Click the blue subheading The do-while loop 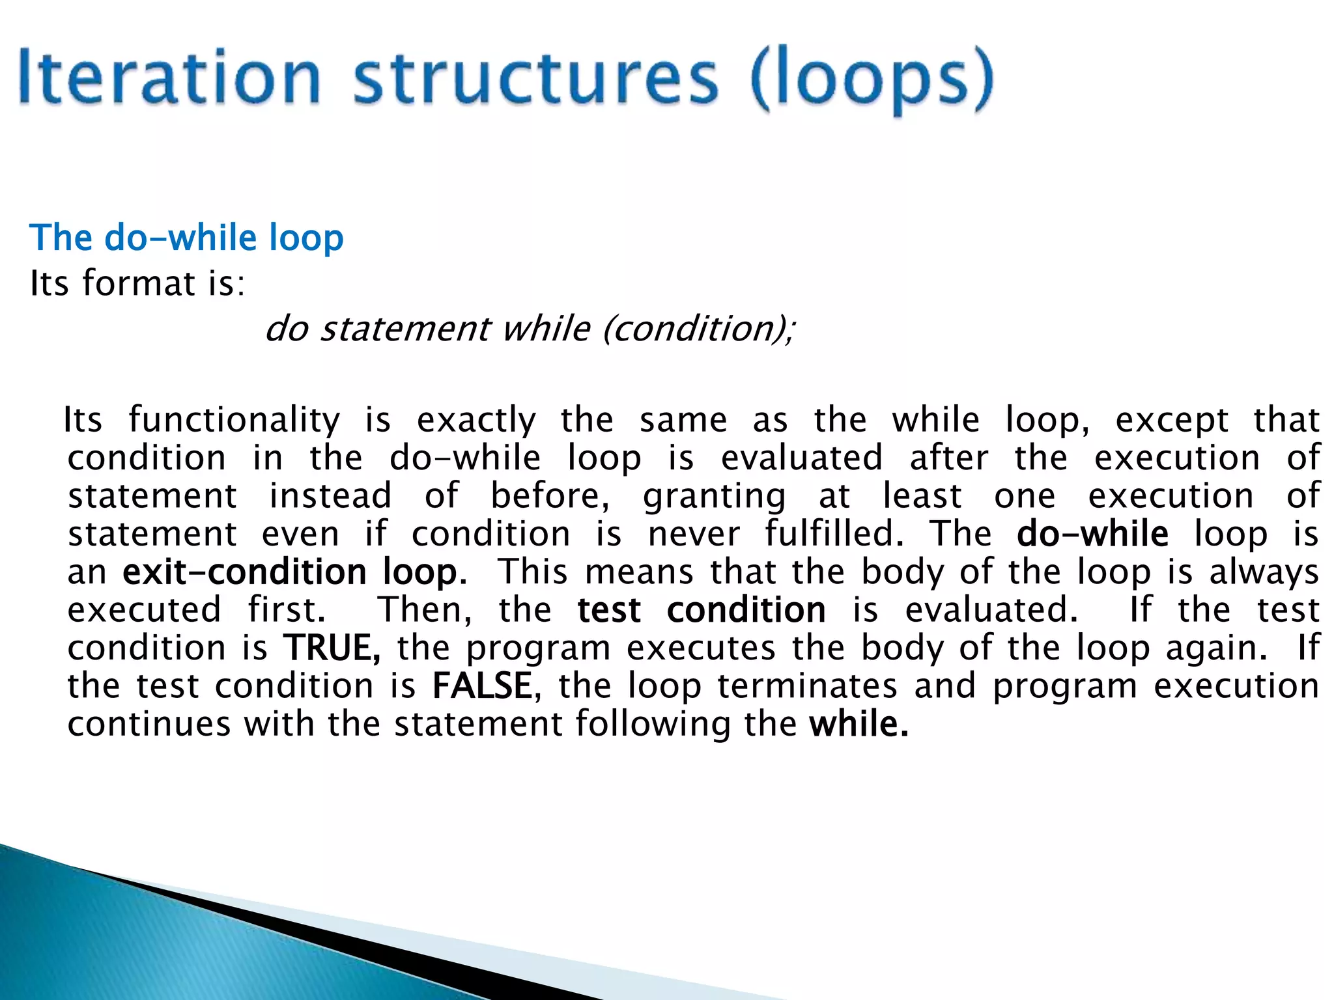pos(186,238)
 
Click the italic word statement pos(404,329)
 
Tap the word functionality pos(234,421)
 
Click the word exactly pos(476,421)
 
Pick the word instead pos(330,496)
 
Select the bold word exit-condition pos(244,572)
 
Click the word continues pos(149,724)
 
